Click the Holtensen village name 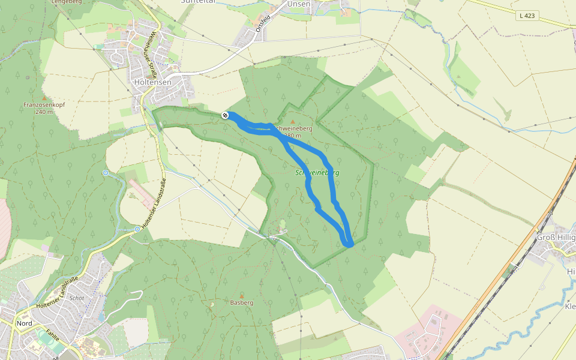coord(152,82)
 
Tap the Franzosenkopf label coord(44,105)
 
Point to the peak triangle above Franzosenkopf coord(44,98)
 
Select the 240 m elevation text coord(44,112)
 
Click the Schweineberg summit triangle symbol coord(293,122)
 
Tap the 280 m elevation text coord(292,136)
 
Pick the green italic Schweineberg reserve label coord(317,173)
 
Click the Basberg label coord(242,303)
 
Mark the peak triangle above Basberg coord(242,296)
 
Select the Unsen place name coord(299,4)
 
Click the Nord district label coord(25,323)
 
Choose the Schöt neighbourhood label coord(77,298)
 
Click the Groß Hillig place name coord(556,236)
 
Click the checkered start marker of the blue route coord(225,115)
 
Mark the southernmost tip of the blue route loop coord(349,244)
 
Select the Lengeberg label coord(67,2)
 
